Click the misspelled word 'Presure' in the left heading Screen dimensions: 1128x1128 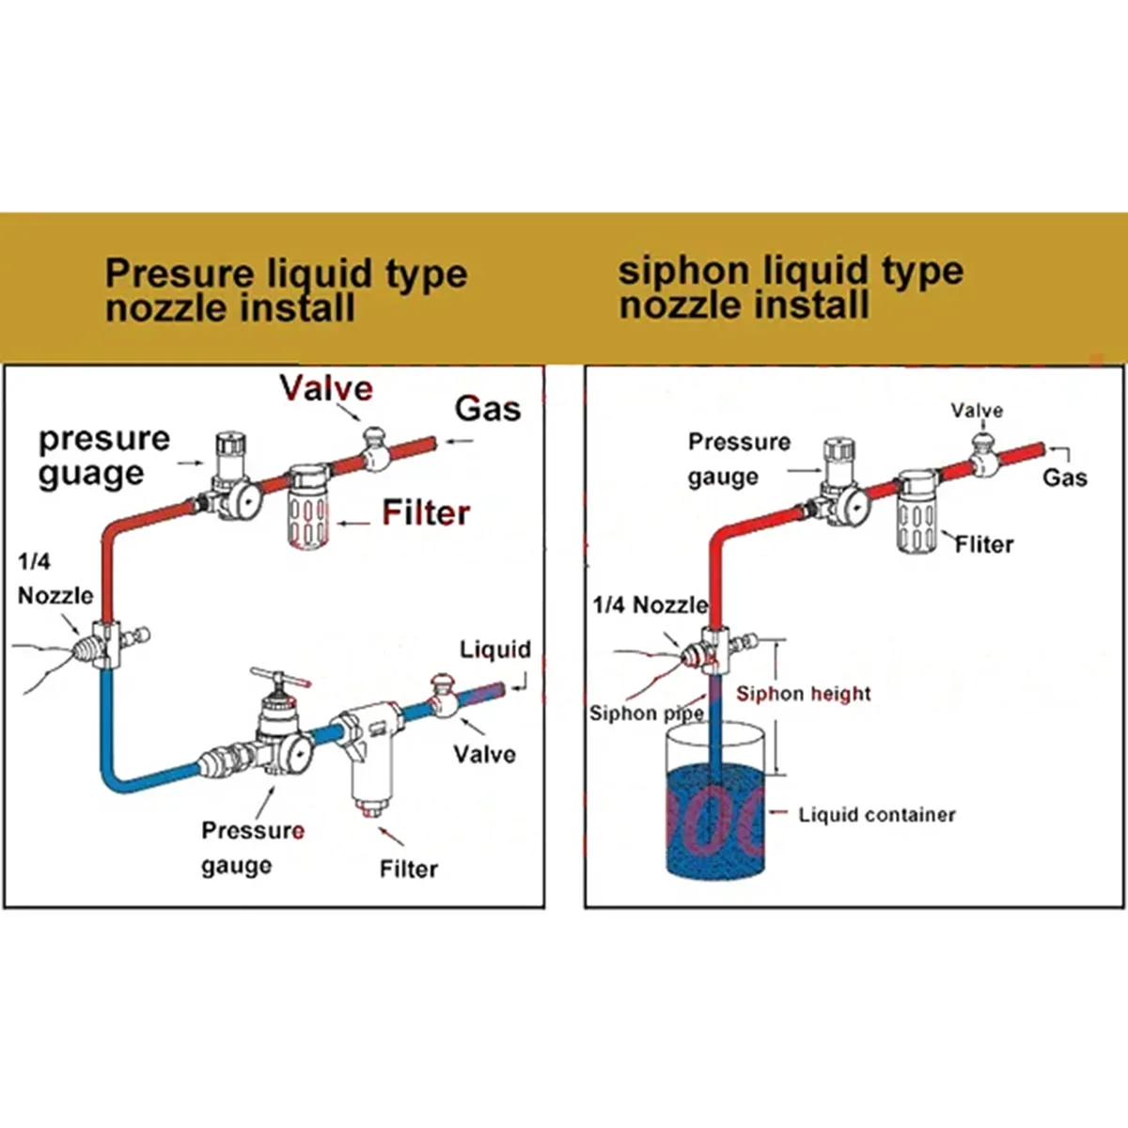(180, 273)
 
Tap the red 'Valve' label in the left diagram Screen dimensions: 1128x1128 (326, 387)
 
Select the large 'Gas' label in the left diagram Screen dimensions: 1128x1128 (488, 409)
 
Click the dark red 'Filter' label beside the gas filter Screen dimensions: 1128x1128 (426, 513)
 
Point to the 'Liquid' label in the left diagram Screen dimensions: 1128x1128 (495, 650)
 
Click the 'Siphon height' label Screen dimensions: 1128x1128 (803, 694)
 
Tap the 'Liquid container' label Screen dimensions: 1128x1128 (877, 814)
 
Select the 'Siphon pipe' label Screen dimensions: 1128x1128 (646, 713)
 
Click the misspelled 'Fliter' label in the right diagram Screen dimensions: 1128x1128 (984, 544)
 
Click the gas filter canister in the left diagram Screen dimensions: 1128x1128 (308, 507)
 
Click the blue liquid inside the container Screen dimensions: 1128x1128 (715, 822)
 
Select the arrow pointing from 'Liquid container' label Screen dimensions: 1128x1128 (778, 812)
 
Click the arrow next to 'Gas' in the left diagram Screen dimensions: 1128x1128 (460, 442)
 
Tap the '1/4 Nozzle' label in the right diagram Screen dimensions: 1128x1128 (650, 604)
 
